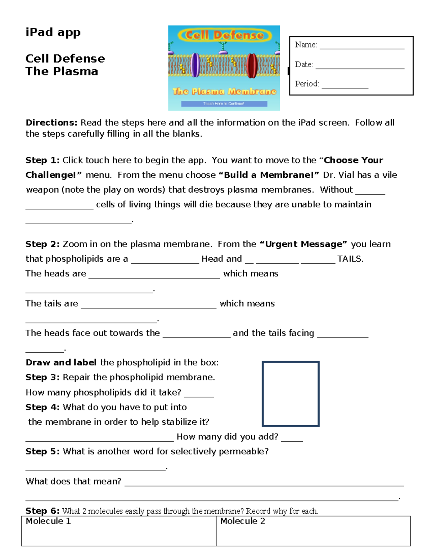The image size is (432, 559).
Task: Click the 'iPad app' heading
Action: point(53,32)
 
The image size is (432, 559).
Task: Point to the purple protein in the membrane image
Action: point(195,65)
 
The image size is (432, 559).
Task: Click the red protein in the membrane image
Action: point(252,66)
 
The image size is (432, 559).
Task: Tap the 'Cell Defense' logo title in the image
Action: point(224,35)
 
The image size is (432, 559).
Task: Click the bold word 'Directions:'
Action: point(51,123)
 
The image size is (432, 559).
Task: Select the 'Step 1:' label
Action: point(42,160)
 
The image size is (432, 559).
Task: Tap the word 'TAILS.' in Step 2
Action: point(350,259)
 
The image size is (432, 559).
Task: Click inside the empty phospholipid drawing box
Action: point(291,394)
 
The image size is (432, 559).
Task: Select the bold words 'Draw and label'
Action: point(61,362)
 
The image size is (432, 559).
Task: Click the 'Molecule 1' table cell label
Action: point(48,521)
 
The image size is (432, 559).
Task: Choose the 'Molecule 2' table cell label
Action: point(243,521)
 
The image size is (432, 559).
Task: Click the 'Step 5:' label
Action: point(42,451)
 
